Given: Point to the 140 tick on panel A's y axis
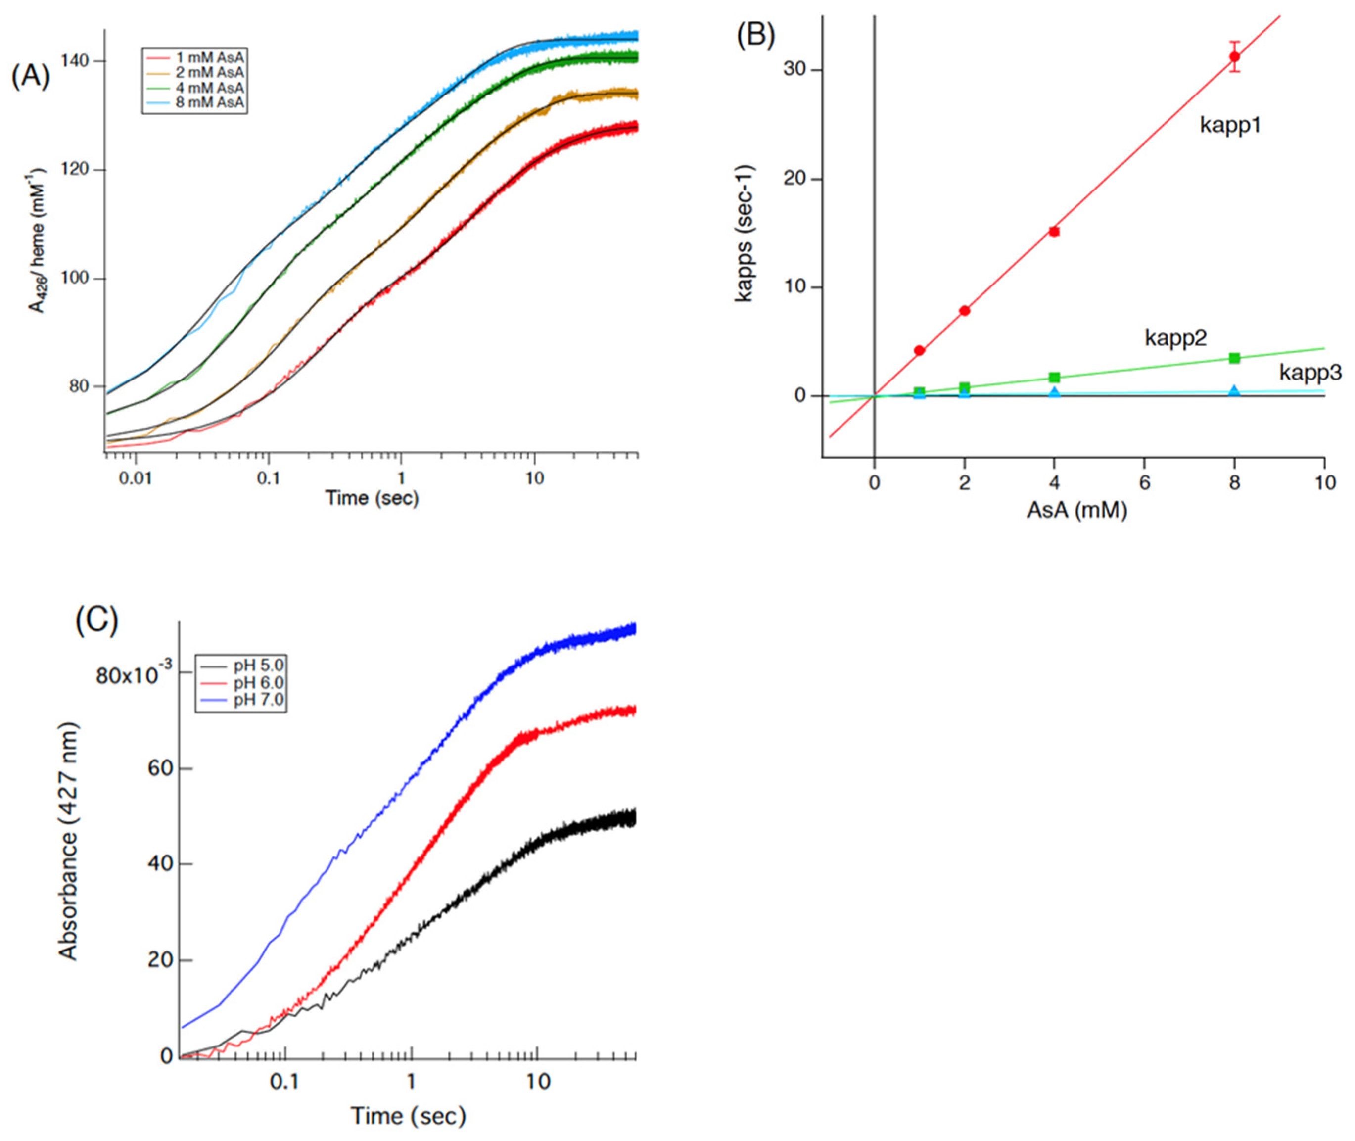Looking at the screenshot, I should point(76,61).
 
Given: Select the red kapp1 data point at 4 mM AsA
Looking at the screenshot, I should point(1054,232).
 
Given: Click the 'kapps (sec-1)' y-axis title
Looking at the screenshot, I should point(745,233).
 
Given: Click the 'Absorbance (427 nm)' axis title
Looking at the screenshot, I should point(67,841).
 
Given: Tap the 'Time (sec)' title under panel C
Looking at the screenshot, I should point(408,1115).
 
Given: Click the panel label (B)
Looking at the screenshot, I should point(755,35).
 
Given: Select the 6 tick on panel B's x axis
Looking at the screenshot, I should point(1144,482).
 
